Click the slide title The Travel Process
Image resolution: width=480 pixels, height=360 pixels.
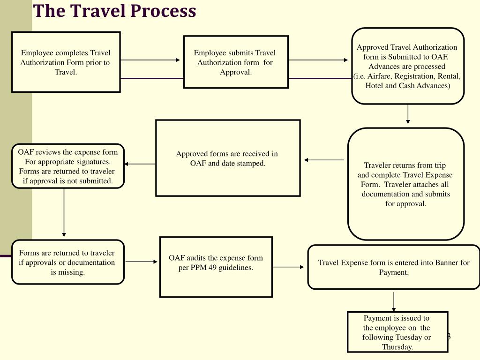(114, 11)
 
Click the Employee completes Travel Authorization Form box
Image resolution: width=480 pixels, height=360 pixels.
(66, 62)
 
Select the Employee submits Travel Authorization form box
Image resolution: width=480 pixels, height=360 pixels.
(235, 62)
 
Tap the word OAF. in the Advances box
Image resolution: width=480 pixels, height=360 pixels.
(440, 57)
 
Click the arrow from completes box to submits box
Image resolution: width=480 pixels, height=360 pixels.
(150, 60)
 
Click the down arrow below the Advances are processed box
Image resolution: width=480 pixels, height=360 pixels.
(408, 114)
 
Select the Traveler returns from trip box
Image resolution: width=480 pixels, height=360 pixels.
(405, 184)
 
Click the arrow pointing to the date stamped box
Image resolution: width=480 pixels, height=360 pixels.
(323, 160)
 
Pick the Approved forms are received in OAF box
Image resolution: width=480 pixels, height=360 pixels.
(228, 158)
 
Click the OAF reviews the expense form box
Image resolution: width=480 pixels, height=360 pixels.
(68, 166)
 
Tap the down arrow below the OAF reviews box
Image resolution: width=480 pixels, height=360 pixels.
(64, 213)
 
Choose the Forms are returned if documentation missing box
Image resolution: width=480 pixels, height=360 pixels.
(68, 262)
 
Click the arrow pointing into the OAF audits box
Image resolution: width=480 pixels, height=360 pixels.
(142, 262)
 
